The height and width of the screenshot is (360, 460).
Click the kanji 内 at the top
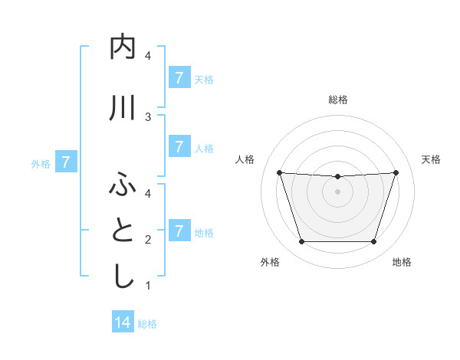pyautogui.click(x=123, y=48)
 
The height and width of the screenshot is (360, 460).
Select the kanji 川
pyautogui.click(x=123, y=108)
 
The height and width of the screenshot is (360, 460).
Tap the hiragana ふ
pyautogui.click(x=123, y=185)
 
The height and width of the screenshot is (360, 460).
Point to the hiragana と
pyautogui.click(x=123, y=231)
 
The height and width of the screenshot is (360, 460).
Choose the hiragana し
pyautogui.click(x=123, y=277)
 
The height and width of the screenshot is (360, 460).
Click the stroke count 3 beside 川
pyautogui.click(x=148, y=116)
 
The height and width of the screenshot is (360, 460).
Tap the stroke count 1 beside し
pyautogui.click(x=148, y=286)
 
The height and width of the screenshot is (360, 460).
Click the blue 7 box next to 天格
pyautogui.click(x=179, y=77)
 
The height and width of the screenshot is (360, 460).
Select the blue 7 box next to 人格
pyautogui.click(x=179, y=146)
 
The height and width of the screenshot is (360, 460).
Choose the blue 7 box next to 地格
pyautogui.click(x=179, y=231)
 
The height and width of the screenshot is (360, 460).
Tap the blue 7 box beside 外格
pyautogui.click(x=67, y=162)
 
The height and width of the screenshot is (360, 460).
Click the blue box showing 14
pyautogui.click(x=123, y=322)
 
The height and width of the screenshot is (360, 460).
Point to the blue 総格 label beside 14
pyautogui.click(x=147, y=324)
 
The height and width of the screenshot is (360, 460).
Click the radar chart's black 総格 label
pyautogui.click(x=337, y=100)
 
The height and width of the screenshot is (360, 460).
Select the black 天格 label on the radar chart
pyautogui.click(x=431, y=159)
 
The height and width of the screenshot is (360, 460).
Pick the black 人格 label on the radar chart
pyautogui.click(x=245, y=159)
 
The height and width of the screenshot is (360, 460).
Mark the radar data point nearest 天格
pyautogui.click(x=396, y=172)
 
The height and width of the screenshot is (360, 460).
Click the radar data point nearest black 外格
pyautogui.click(x=301, y=242)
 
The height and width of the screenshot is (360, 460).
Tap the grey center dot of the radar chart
pyautogui.click(x=337, y=191)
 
